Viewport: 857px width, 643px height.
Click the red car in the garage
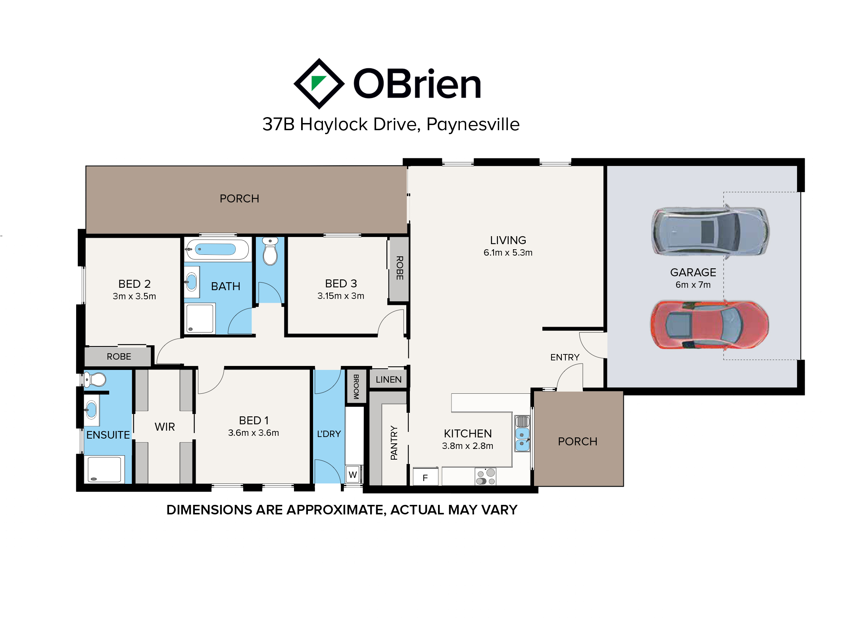tap(709, 325)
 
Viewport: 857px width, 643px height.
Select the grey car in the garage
tap(710, 231)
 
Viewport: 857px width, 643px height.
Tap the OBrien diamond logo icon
tap(319, 84)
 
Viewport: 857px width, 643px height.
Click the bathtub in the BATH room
tap(217, 249)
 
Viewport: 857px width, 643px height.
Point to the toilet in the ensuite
tap(95, 379)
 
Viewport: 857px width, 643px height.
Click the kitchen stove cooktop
tap(486, 477)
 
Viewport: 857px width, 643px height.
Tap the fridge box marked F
tap(425, 476)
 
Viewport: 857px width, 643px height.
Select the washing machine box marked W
tap(353, 474)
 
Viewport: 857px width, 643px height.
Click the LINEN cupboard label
tap(389, 379)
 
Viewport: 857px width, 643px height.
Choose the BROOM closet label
tap(356, 387)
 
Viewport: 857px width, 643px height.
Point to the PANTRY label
tap(394, 443)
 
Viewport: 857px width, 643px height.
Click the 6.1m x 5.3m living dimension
tap(508, 252)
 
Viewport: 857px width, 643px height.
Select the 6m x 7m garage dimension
tap(693, 285)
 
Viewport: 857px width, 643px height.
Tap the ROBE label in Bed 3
tap(400, 268)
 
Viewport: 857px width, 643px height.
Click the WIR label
tap(165, 427)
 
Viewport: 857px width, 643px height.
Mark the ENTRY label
tap(565, 357)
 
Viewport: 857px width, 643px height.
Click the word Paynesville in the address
tap(473, 125)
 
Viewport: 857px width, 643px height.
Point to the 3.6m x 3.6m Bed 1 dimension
tap(254, 433)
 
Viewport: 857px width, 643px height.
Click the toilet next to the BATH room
tap(270, 251)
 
